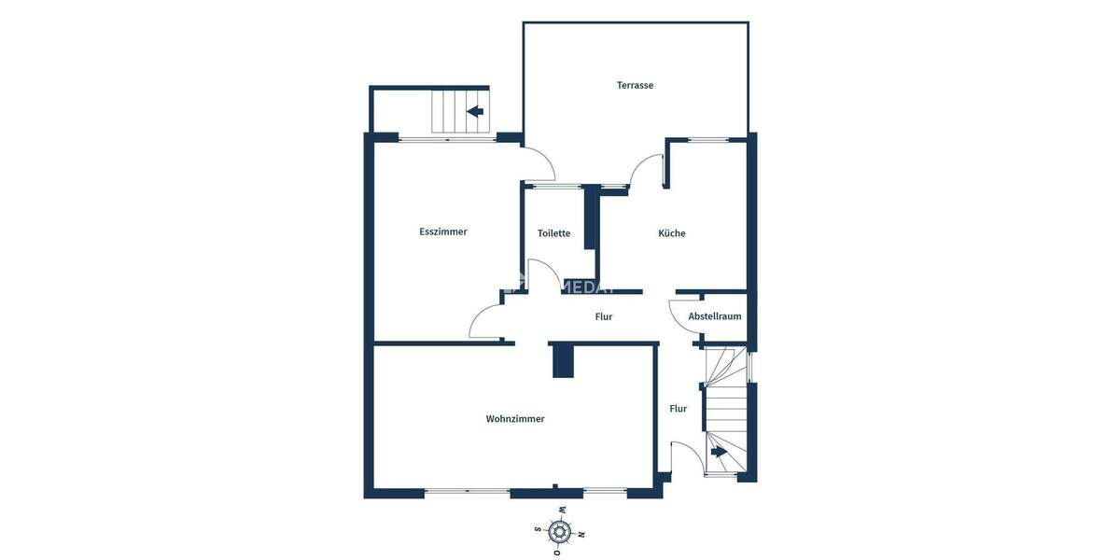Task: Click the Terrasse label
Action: [x=635, y=85]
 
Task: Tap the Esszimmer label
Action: [x=443, y=231]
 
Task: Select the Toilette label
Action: [x=553, y=233]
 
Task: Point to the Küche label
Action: [x=672, y=233]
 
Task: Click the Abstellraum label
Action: [x=715, y=316]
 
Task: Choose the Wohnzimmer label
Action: [x=515, y=419]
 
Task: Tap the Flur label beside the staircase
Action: [x=679, y=409]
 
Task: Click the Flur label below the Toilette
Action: [x=604, y=316]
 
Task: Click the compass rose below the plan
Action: [x=560, y=532]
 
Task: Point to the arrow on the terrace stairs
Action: [x=475, y=112]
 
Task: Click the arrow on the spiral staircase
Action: [x=720, y=452]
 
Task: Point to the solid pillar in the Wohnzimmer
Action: [x=563, y=360]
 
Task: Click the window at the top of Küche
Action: [x=708, y=139]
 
